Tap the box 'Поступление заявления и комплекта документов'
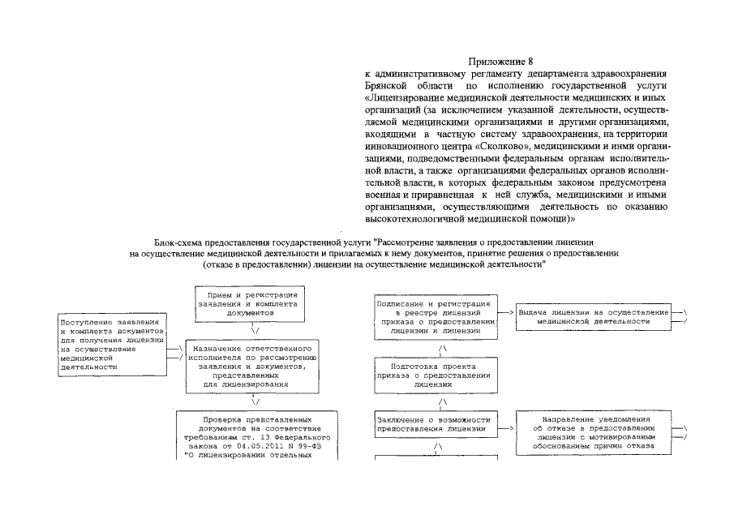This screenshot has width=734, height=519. (111, 344)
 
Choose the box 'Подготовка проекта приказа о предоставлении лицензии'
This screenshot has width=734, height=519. (440, 375)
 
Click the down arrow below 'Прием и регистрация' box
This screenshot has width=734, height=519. (255, 330)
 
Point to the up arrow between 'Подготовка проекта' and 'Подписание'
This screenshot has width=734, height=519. (441, 349)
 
